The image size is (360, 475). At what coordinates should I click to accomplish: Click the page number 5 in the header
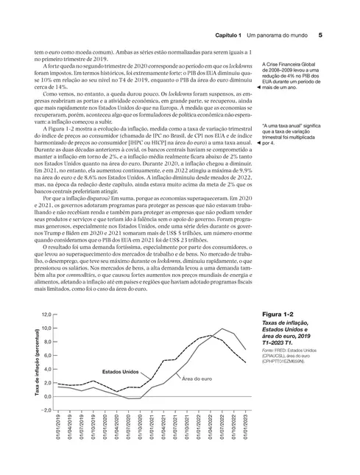click(x=320, y=35)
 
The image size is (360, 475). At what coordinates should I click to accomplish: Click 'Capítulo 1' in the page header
click(x=221, y=35)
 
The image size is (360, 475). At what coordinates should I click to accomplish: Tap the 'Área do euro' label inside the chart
click(x=197, y=379)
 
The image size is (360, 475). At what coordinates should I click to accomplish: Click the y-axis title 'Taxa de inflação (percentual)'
click(x=36, y=361)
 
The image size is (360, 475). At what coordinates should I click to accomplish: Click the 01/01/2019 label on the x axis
click(x=57, y=429)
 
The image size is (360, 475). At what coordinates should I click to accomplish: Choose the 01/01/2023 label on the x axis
click(x=245, y=429)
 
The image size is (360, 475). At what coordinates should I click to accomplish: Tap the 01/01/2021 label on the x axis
click(x=152, y=429)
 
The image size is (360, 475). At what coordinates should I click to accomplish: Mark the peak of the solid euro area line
click(x=222, y=328)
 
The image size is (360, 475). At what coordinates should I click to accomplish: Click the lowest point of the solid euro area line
click(x=129, y=398)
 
